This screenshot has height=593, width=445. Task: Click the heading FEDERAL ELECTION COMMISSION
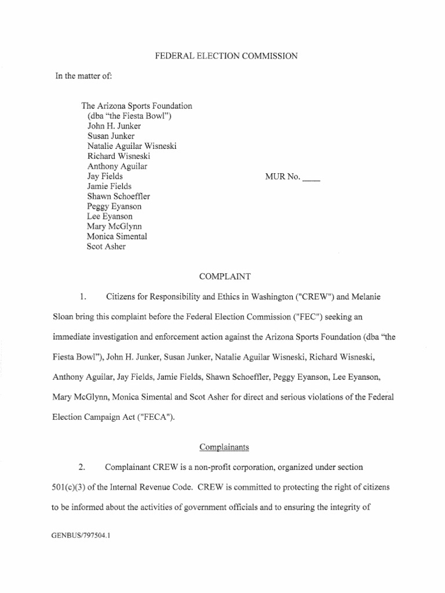(x=225, y=56)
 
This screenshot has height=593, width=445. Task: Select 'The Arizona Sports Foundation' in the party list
(x=137, y=106)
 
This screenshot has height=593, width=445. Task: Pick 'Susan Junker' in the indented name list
(x=111, y=136)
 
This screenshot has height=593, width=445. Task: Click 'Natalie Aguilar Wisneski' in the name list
(x=132, y=146)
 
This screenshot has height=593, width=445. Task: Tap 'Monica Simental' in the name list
(x=116, y=236)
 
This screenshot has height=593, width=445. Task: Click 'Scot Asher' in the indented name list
(x=106, y=247)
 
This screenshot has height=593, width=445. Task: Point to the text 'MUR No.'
(x=282, y=177)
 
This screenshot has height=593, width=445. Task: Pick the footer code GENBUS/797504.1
(x=81, y=536)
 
